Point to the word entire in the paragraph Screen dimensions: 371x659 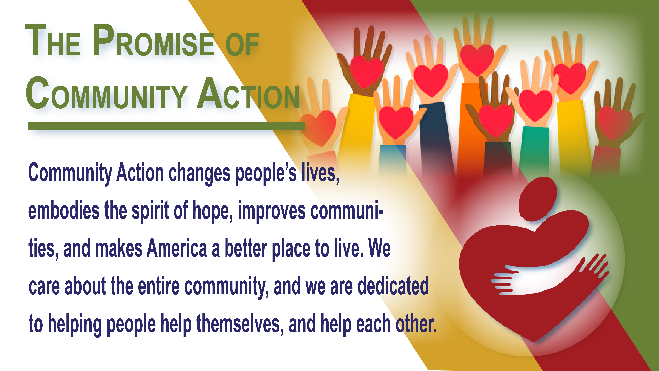coord(159,286)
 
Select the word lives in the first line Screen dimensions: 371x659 coord(320,173)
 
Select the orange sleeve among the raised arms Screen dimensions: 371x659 coord(471,128)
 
